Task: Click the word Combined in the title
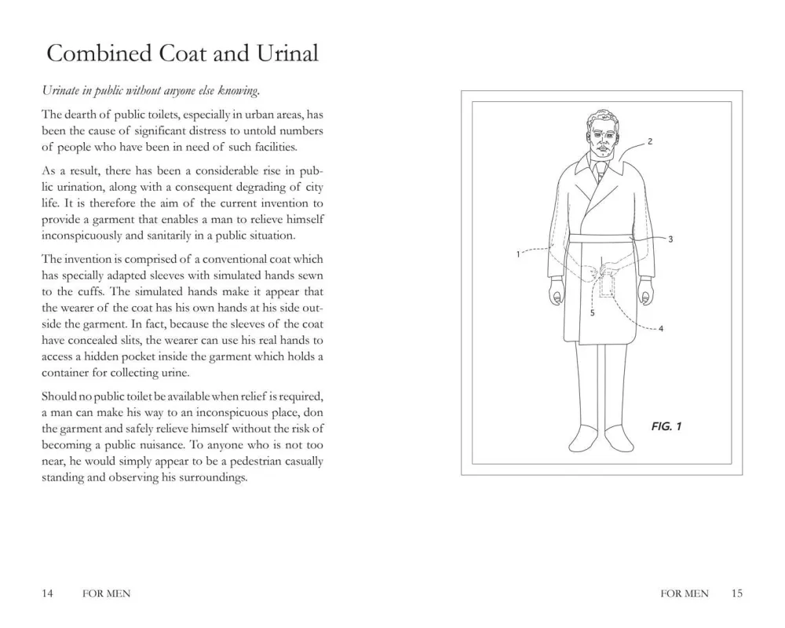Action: tap(88, 53)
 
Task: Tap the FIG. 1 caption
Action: tap(666, 426)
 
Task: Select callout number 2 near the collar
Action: tap(651, 142)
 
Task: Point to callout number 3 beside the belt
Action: tap(670, 239)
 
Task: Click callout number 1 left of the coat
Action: tap(519, 254)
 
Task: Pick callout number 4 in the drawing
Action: tap(661, 329)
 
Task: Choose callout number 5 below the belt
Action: tap(592, 312)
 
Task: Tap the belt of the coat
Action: tap(601, 239)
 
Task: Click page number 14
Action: tap(47, 594)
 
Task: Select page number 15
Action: tap(736, 594)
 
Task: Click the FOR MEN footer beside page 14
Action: tap(106, 594)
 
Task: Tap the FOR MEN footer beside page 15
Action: tap(685, 594)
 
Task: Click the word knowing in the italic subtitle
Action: tap(241, 93)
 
